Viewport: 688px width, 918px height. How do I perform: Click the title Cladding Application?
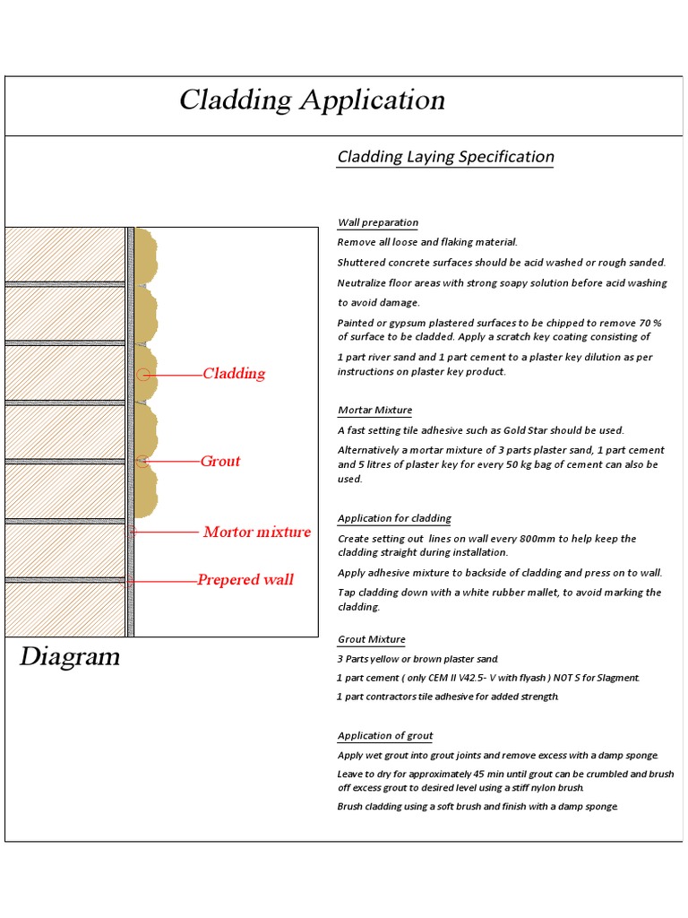(312, 100)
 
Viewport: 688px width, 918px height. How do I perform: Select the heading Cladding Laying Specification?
(445, 157)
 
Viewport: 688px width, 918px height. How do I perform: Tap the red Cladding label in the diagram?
(234, 374)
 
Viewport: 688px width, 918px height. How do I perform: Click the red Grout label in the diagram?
(220, 462)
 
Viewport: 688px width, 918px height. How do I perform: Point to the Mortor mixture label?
(257, 533)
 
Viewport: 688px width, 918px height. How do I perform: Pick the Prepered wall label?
(245, 580)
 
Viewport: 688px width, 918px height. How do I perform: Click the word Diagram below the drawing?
(70, 657)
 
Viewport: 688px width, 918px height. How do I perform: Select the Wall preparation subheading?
(377, 222)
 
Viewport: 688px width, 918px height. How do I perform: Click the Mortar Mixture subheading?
(374, 410)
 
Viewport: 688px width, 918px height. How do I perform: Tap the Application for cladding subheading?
(394, 518)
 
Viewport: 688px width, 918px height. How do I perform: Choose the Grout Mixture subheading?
(371, 639)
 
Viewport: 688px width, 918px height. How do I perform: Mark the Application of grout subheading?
(384, 736)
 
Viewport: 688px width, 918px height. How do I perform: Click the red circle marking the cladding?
(142, 374)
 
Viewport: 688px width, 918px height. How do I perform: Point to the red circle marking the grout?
(141, 462)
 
